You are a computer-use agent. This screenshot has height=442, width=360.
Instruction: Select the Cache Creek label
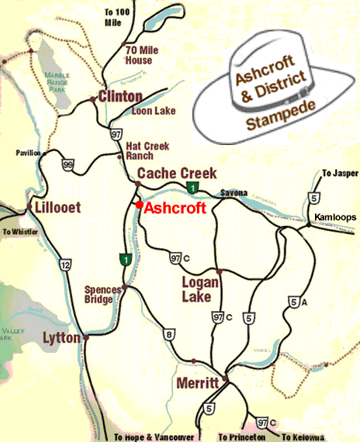point(177,173)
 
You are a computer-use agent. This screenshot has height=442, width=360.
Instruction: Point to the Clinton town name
point(119,97)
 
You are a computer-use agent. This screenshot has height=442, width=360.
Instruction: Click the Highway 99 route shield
point(67,164)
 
